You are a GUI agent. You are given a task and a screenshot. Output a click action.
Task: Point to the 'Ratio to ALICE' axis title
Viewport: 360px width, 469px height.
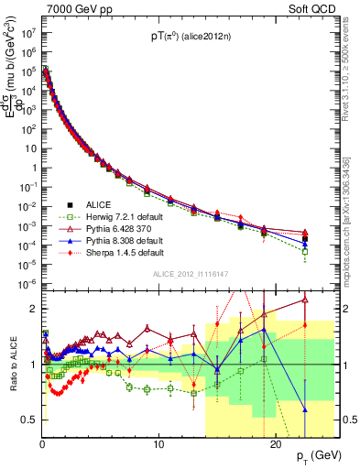click(x=12, y=365)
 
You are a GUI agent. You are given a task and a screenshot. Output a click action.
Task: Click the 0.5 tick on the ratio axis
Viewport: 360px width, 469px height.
click(x=31, y=420)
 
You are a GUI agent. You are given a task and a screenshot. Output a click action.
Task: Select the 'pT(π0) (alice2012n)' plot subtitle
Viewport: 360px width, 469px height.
click(x=191, y=37)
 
